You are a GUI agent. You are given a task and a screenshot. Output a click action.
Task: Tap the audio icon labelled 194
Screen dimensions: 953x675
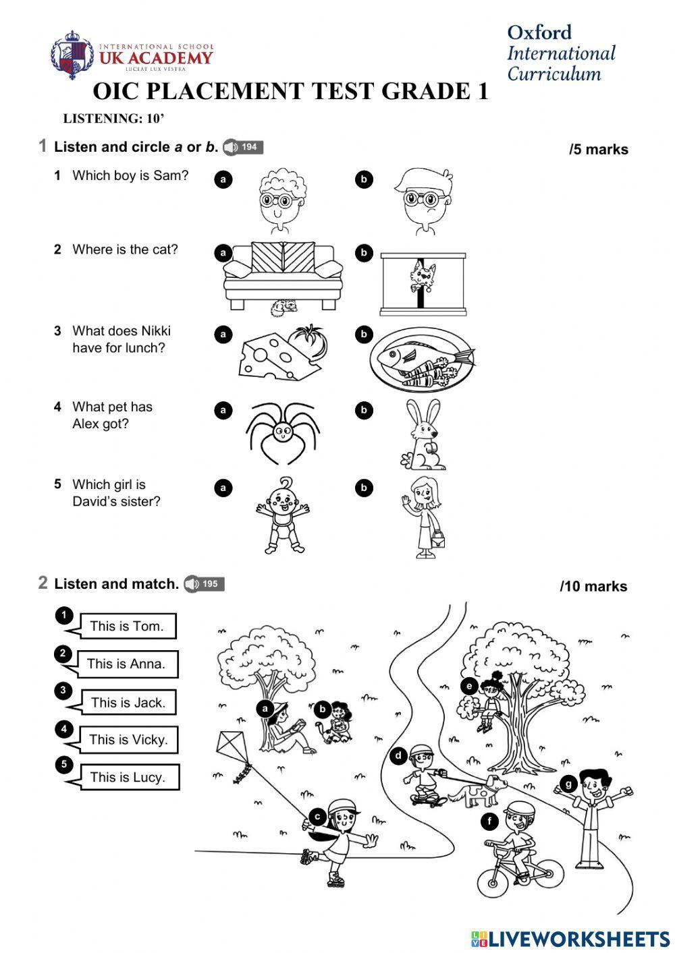tap(242, 147)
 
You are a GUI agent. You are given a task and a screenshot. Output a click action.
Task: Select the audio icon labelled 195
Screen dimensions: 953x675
tap(204, 584)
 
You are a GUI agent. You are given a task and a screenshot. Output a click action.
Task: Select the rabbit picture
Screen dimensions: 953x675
tap(423, 435)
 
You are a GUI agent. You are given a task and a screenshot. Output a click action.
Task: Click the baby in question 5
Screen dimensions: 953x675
tap(281, 516)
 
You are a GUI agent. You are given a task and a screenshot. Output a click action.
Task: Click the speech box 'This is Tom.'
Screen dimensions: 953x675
tap(127, 626)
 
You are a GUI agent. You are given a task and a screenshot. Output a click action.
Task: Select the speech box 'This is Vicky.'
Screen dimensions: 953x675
tap(128, 740)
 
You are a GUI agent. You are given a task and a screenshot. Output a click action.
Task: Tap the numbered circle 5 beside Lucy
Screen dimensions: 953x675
tap(63, 764)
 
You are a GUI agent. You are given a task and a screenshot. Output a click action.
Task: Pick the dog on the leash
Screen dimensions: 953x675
tap(480, 790)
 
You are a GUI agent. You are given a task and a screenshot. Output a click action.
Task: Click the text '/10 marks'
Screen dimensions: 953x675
tap(593, 587)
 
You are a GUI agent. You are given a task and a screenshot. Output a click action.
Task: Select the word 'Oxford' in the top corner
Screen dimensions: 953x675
tap(539, 32)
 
